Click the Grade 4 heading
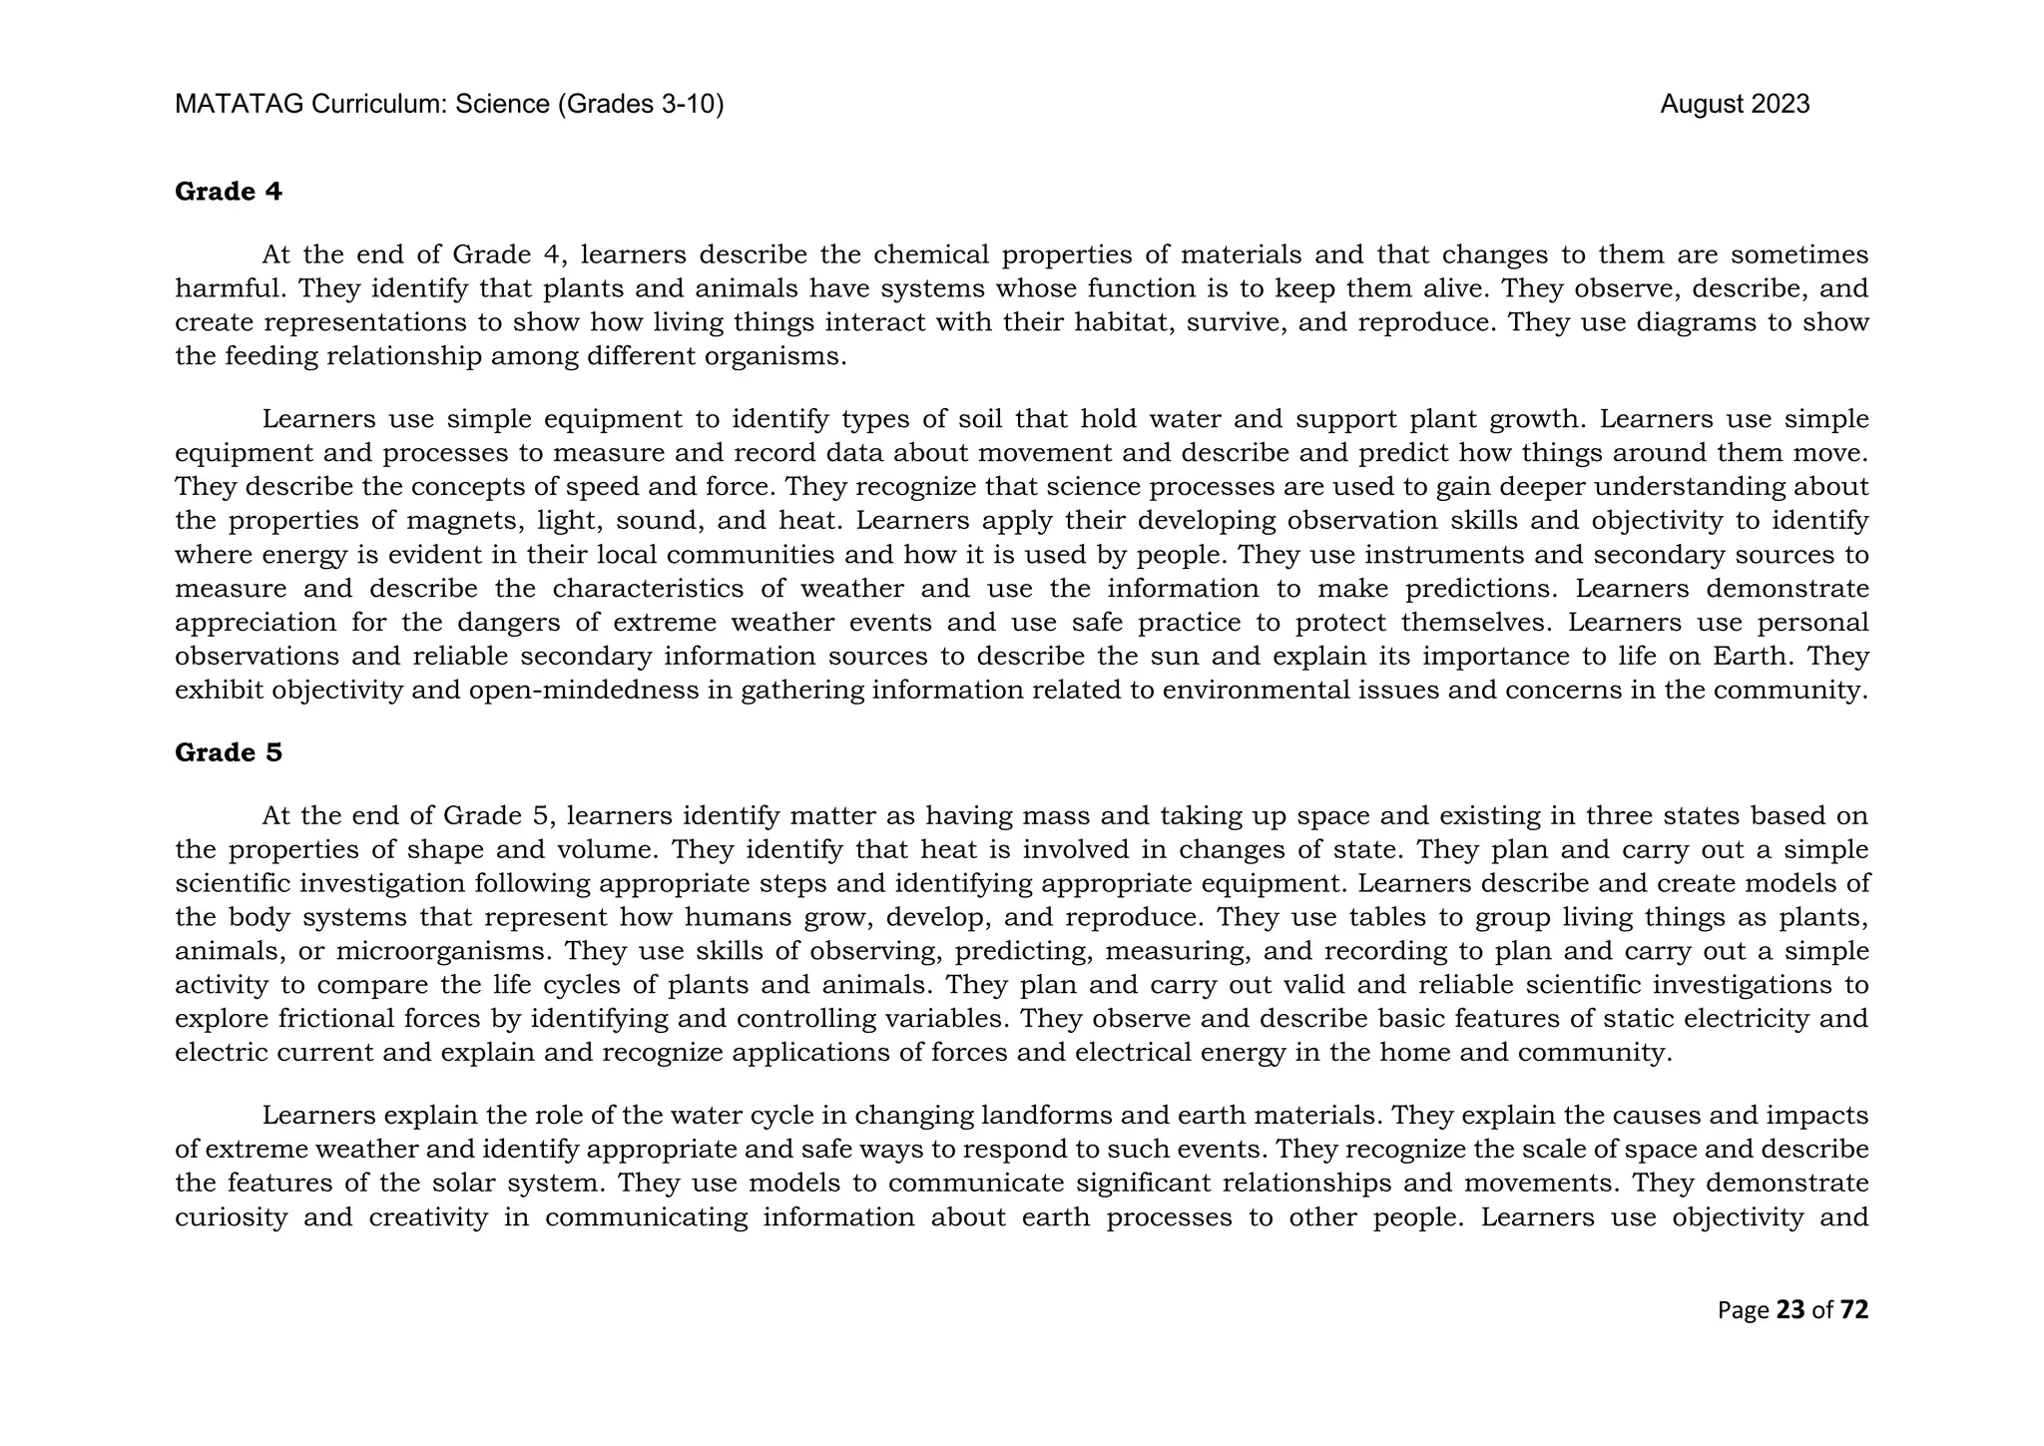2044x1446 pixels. coord(229,192)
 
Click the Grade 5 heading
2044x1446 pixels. coord(229,752)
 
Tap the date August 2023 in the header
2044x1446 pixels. coord(1735,105)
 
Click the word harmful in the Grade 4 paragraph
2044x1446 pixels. coord(231,289)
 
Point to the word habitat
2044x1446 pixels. coord(1115,322)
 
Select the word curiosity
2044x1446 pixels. coord(231,1217)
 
